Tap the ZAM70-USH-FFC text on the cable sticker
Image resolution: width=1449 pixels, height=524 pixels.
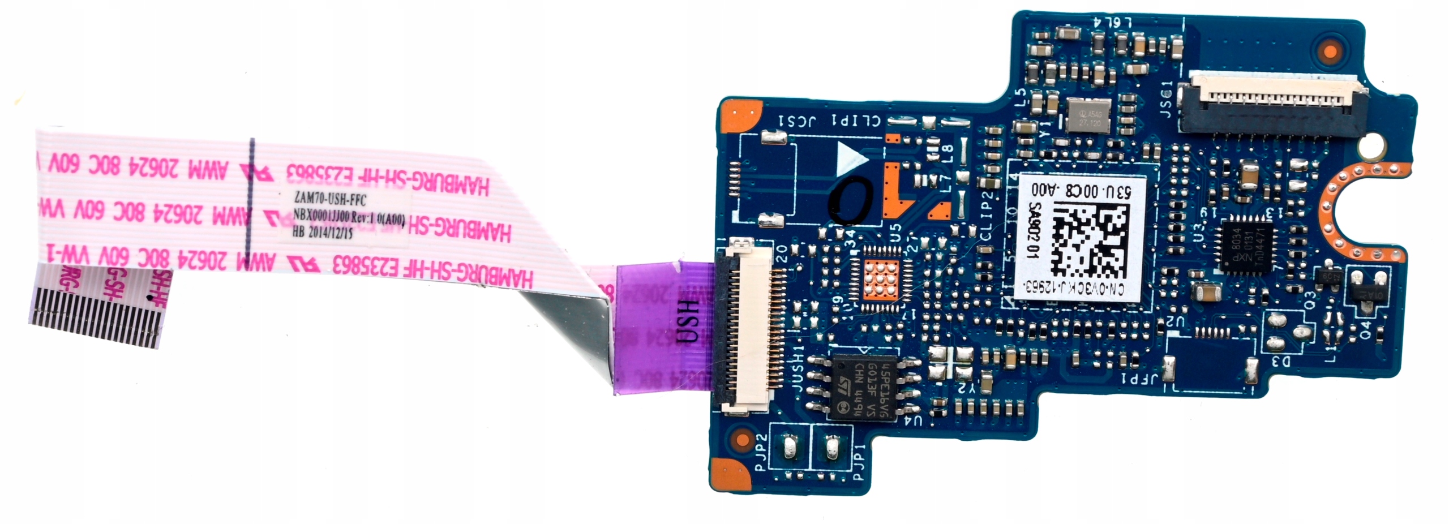(x=331, y=200)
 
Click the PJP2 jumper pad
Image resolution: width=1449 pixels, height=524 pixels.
(x=790, y=449)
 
